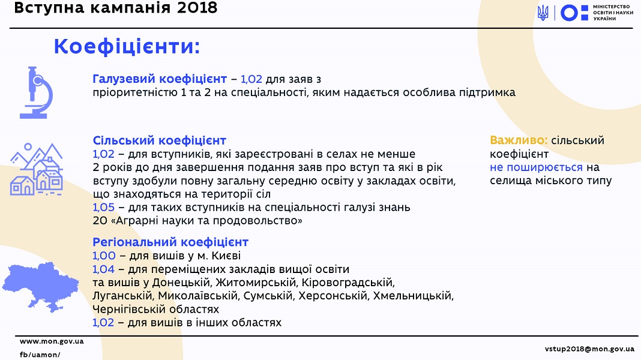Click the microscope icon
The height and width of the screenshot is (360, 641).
(x=37, y=93)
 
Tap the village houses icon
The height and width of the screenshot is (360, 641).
(x=37, y=169)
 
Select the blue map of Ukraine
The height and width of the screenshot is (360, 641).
(x=40, y=287)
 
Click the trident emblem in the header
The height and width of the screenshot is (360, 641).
(x=543, y=13)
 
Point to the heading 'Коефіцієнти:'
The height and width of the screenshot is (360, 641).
(x=127, y=47)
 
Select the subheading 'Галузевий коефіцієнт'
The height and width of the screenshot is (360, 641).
(x=160, y=79)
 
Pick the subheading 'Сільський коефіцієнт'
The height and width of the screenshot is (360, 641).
(x=160, y=140)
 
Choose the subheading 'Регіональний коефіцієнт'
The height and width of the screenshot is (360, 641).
(x=170, y=242)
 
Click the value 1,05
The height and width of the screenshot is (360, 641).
(x=103, y=207)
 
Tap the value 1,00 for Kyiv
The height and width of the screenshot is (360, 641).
(x=104, y=256)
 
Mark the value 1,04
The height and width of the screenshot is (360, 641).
(x=103, y=269)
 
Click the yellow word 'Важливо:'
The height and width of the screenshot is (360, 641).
(x=519, y=140)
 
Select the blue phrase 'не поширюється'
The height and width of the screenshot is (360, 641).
(x=537, y=167)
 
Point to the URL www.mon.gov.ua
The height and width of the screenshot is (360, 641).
(x=52, y=341)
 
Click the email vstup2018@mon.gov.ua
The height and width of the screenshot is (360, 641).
(x=589, y=349)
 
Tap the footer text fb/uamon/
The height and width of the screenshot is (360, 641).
(x=40, y=355)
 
